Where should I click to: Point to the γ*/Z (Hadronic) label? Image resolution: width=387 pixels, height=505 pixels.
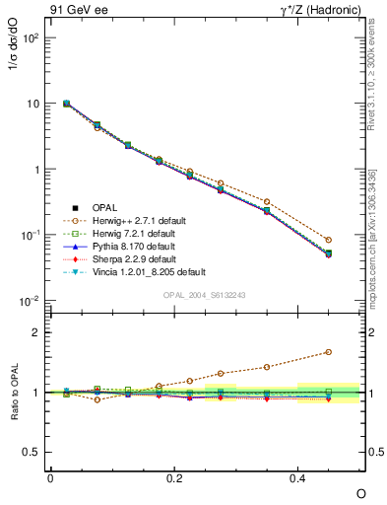point(323,11)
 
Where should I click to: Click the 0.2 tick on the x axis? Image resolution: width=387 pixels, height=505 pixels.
point(174,478)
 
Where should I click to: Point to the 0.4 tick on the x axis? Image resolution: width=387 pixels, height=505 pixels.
point(298,478)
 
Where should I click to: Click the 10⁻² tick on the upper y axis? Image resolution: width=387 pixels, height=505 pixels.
point(31,301)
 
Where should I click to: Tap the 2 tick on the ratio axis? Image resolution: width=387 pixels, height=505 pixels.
point(38,332)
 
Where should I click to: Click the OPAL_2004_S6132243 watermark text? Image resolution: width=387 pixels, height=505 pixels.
point(205,295)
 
